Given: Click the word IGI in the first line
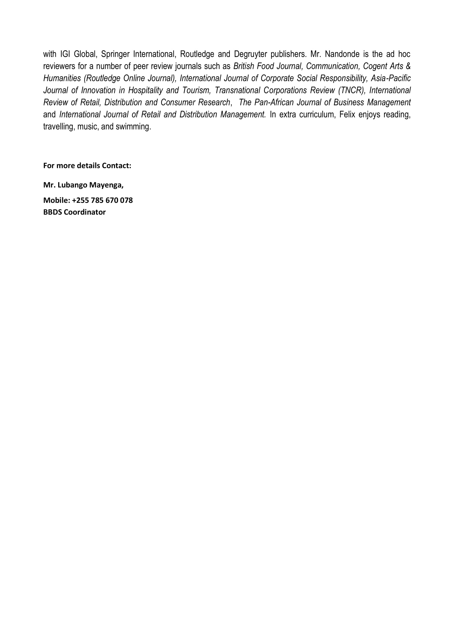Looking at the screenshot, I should pyautogui.click(x=65, y=54).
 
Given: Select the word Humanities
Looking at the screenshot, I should pyautogui.click(x=62, y=78).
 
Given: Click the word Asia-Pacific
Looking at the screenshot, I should pyautogui.click(x=391, y=78).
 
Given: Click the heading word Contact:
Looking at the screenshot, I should pyautogui.click(x=116, y=166).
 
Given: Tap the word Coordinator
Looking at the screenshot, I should pyautogui.click(x=85, y=212).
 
